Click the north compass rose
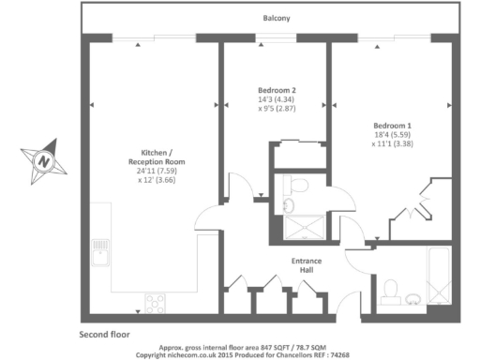tap(44, 160)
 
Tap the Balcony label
tap(276, 18)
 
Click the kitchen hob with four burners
tap(154, 303)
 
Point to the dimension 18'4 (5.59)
tap(392, 135)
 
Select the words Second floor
tap(104, 334)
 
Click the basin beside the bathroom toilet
tap(414, 299)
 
